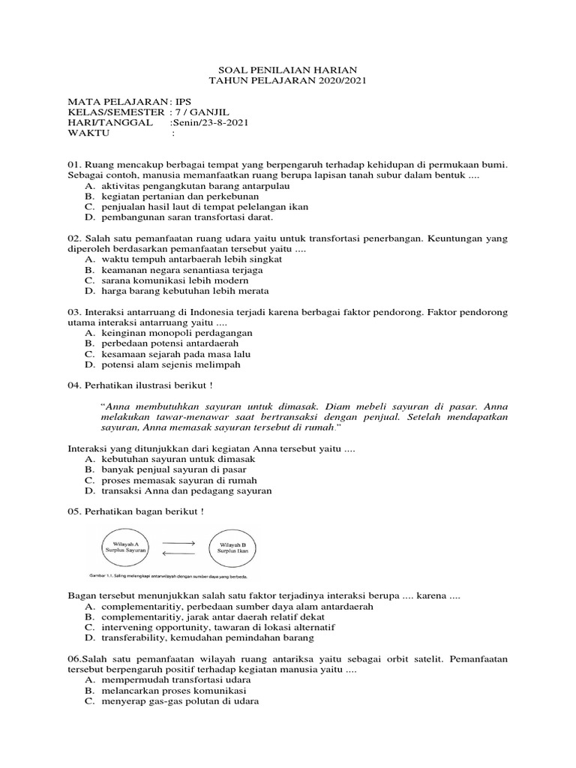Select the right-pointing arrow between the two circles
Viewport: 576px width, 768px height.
[178, 542]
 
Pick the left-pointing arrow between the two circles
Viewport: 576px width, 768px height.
[178, 553]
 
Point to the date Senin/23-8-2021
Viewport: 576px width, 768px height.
[211, 122]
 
